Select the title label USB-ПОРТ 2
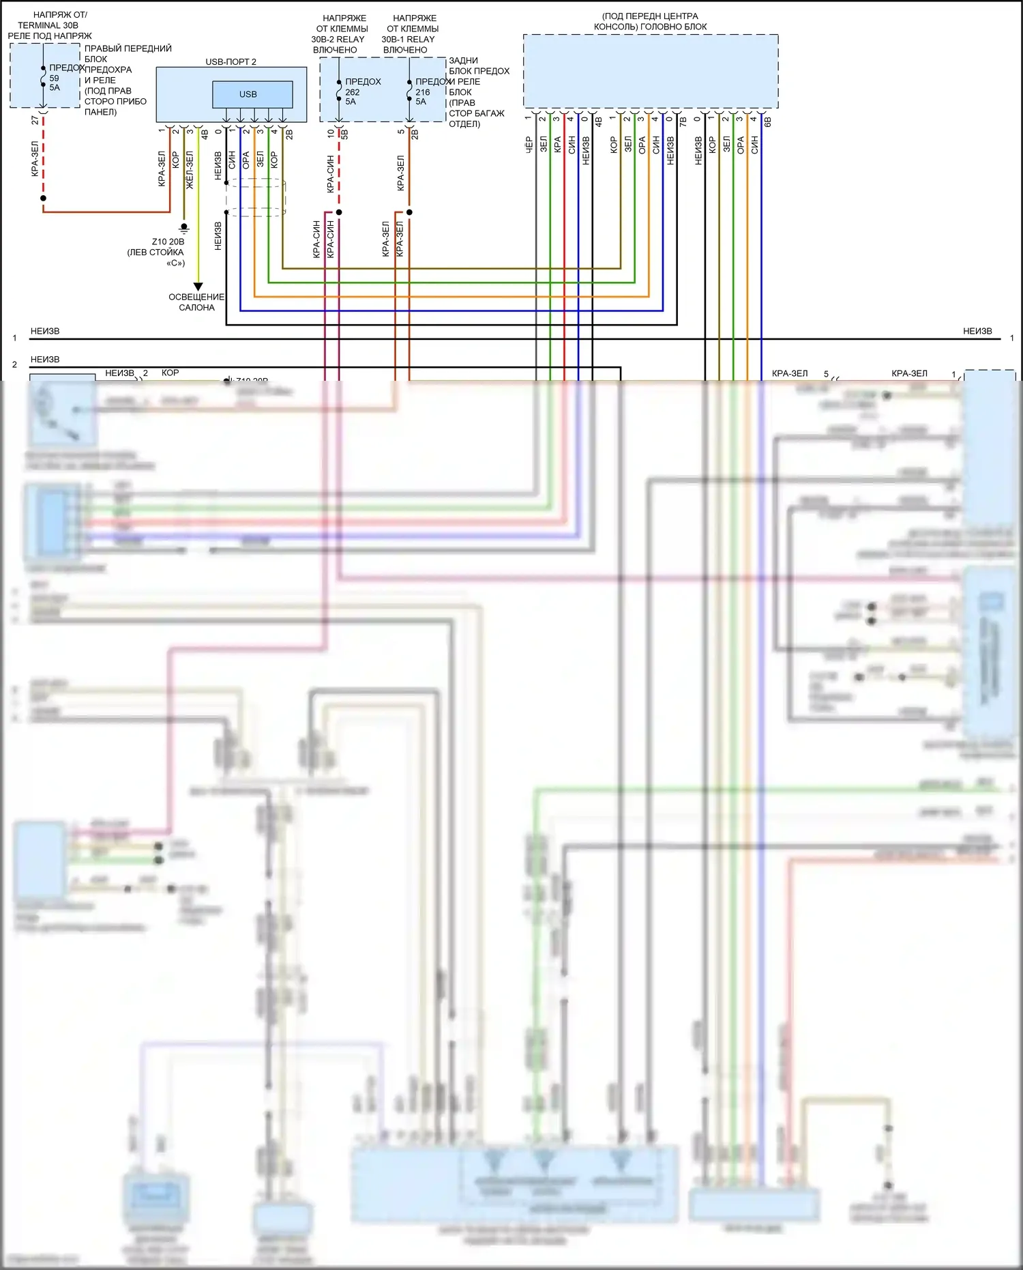pos(231,62)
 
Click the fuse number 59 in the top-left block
pos(55,78)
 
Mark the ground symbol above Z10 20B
pos(183,228)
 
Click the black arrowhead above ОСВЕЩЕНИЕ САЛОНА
pos(198,287)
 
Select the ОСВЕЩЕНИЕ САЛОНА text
pos(196,302)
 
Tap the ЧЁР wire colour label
pos(529,145)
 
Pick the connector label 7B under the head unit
pos(683,121)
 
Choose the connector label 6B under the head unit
pos(768,121)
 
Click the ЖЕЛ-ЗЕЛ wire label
pos(190,169)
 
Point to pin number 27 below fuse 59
pos(35,120)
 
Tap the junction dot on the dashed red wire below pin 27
pos(43,198)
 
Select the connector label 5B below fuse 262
pos(344,134)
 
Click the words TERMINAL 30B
pos(48,25)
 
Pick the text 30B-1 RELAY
pos(408,39)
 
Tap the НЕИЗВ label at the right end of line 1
pos(977,331)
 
